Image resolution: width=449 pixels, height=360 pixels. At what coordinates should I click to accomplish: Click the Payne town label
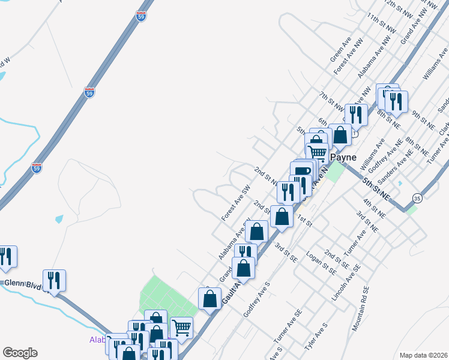click(x=343, y=157)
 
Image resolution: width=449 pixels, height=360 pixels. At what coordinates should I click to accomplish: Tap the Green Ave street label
click(x=340, y=50)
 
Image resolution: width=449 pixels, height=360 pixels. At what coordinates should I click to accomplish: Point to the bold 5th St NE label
click(x=376, y=188)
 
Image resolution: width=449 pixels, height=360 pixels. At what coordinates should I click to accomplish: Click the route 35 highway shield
click(x=417, y=197)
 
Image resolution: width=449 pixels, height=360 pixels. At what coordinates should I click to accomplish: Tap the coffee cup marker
click(x=302, y=171)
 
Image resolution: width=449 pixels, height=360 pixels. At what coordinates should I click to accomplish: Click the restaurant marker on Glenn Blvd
click(x=55, y=280)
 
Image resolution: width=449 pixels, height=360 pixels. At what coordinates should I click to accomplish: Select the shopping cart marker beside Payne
click(x=317, y=152)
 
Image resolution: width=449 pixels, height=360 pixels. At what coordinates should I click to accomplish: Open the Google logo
click(x=20, y=353)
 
